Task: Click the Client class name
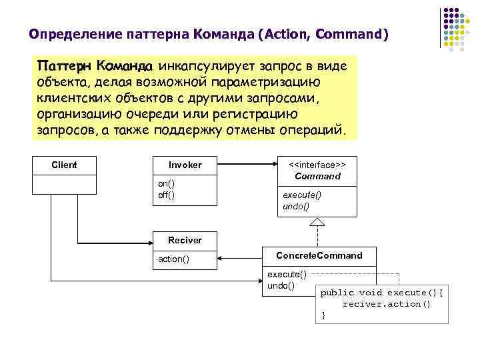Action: [64, 165]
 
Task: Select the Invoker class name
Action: [185, 165]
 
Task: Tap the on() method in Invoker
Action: [166, 183]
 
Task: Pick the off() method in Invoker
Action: [166, 194]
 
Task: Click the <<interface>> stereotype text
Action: [317, 163]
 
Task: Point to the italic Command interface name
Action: [317, 177]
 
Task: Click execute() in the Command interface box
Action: [302, 195]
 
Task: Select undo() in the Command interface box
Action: [297, 206]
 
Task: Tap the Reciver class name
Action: [185, 239]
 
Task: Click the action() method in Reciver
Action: [173, 259]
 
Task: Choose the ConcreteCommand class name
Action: [319, 255]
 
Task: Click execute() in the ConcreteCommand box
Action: [287, 274]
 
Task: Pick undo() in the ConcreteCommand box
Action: [281, 285]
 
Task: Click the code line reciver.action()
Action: [386, 304]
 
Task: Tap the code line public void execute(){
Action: [381, 293]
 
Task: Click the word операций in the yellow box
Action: [313, 128]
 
